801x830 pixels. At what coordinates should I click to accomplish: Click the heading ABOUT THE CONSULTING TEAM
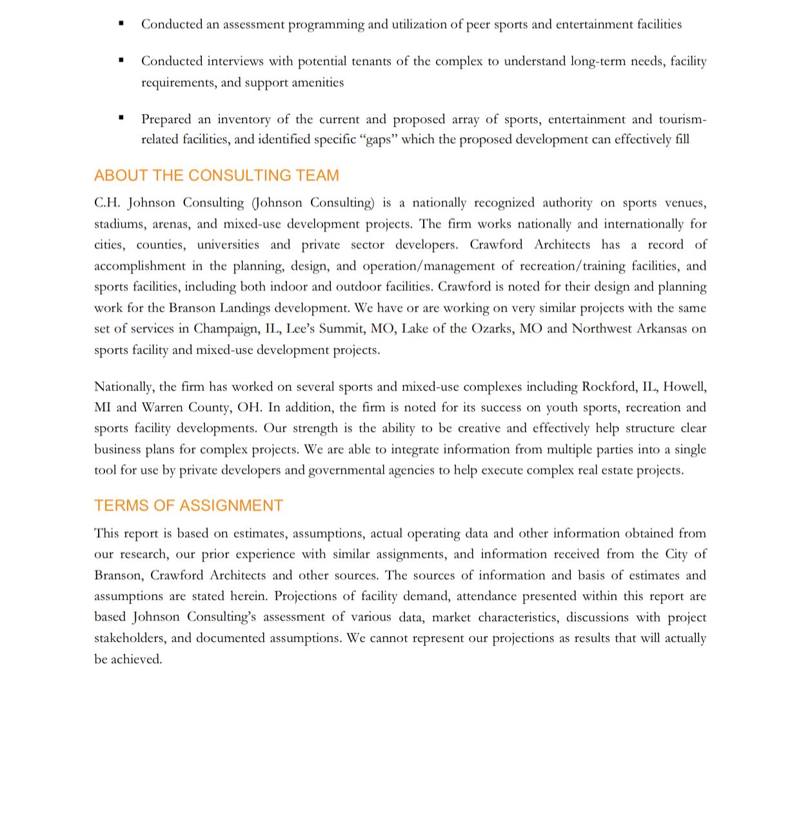coord(216,175)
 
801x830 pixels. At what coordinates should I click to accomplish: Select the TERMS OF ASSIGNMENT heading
coord(188,505)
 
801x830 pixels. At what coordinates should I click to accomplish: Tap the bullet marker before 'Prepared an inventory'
coord(121,118)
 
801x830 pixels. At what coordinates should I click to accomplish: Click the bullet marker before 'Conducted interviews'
coord(121,60)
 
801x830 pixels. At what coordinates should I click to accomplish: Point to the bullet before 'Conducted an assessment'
coord(121,23)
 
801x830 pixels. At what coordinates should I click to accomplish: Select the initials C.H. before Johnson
coord(107,203)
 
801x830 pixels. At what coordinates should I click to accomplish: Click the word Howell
coord(684,387)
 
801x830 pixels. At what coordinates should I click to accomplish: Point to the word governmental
coord(345,470)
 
